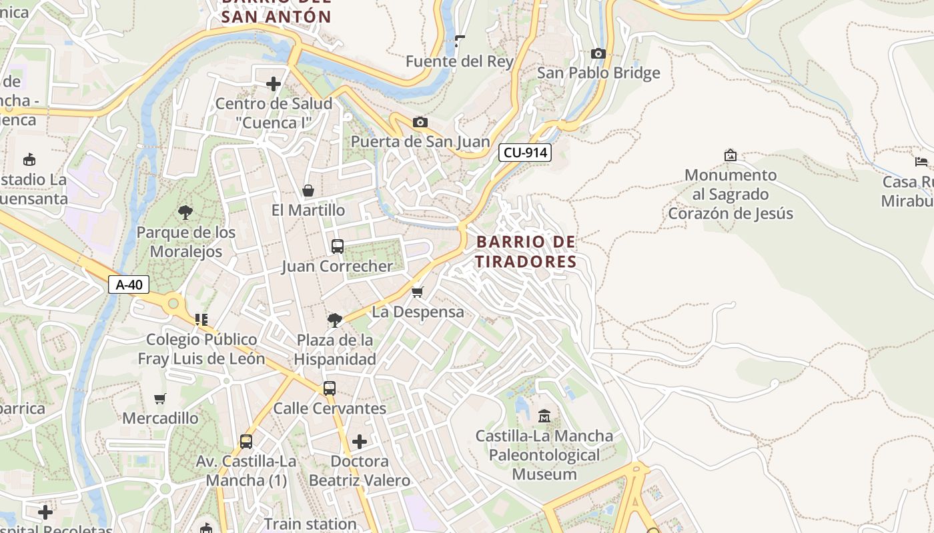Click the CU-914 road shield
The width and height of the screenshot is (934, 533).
[x=525, y=153]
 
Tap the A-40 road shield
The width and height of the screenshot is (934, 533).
[x=129, y=284]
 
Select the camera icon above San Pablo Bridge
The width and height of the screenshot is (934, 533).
[x=598, y=53]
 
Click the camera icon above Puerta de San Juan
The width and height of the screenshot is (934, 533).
[x=420, y=122]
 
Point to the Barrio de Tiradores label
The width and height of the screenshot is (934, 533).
[x=526, y=252]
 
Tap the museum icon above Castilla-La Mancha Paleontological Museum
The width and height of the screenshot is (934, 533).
[x=544, y=416]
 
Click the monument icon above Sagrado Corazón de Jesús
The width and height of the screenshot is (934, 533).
[x=731, y=155]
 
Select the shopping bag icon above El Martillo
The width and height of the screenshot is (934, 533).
[x=308, y=191]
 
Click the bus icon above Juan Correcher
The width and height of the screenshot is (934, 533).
[x=338, y=247]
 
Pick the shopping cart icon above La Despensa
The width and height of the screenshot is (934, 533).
[x=418, y=292]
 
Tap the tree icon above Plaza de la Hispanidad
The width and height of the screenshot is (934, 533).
[x=335, y=320]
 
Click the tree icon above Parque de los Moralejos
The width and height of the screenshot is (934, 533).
[x=185, y=213]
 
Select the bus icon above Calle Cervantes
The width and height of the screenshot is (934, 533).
[x=330, y=388]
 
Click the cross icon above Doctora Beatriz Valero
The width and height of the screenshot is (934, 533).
[x=360, y=442]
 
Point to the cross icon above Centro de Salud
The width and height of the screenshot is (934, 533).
[x=274, y=84]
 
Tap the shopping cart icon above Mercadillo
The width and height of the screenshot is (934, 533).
[x=160, y=399]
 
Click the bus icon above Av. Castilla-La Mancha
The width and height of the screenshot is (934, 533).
[x=246, y=441]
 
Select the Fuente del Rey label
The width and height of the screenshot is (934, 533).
[x=460, y=62]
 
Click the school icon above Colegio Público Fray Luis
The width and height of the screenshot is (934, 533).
[x=201, y=320]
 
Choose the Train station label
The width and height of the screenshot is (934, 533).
[x=310, y=524]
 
